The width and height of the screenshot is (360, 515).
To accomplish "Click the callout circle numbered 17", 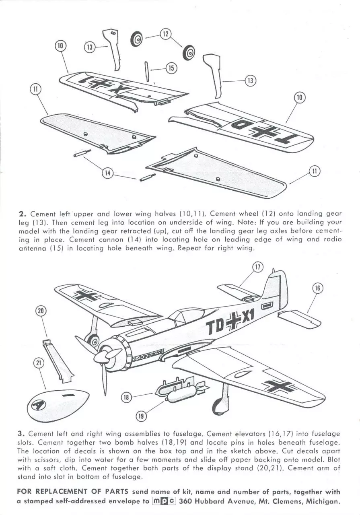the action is point(258,268).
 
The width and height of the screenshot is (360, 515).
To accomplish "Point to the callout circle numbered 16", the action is point(317,288).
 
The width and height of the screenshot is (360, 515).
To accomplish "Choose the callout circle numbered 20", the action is point(41,311).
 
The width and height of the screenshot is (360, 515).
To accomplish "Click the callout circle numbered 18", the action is point(126,398).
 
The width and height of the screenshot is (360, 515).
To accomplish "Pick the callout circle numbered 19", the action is point(141,416).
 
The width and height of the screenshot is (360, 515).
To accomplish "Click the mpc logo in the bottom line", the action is point(164,501).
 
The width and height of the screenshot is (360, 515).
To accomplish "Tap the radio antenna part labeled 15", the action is point(147,71).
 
